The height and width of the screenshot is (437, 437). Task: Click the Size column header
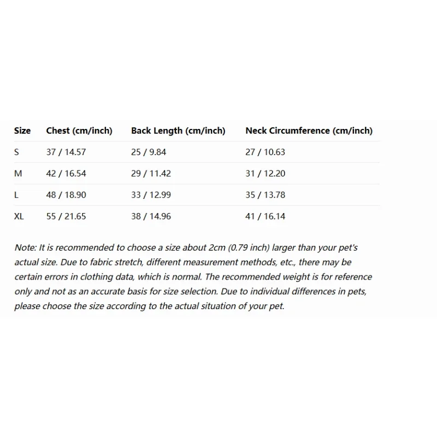[x=22, y=131]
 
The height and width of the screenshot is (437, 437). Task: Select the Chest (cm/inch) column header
[x=79, y=131]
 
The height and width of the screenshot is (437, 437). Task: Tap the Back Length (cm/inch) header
[x=178, y=131]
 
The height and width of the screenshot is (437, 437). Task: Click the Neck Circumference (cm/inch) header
[x=309, y=131]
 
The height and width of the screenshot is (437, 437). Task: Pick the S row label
[x=17, y=152]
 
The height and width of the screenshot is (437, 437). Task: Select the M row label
[x=18, y=173]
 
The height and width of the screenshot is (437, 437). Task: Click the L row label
[x=16, y=194]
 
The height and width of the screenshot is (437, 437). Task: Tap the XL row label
[x=19, y=216]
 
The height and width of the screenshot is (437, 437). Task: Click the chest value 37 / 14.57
[x=66, y=152]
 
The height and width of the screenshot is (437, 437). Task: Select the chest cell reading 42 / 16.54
[x=66, y=173]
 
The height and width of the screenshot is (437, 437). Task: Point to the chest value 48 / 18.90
[x=66, y=194]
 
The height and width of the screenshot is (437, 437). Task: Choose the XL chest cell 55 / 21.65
[x=66, y=216]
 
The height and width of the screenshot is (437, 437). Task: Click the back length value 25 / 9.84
[x=149, y=152]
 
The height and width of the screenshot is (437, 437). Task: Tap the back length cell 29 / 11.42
[x=151, y=173]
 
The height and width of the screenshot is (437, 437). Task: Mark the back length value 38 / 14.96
[x=151, y=216]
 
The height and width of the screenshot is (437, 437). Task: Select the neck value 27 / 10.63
[x=265, y=152]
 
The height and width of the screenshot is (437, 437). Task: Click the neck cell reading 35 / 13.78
[x=265, y=194]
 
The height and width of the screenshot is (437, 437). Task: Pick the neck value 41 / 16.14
[x=265, y=216]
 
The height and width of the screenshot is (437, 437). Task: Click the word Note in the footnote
[x=24, y=247]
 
